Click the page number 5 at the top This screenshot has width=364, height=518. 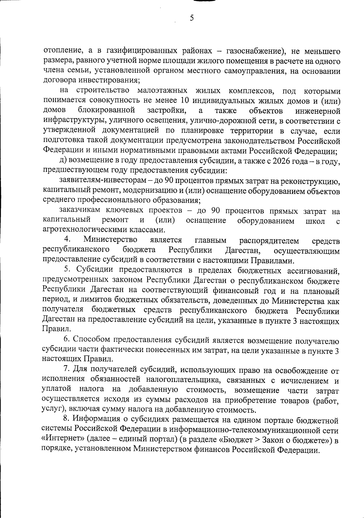click(191, 18)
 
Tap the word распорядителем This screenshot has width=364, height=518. click(269, 241)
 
